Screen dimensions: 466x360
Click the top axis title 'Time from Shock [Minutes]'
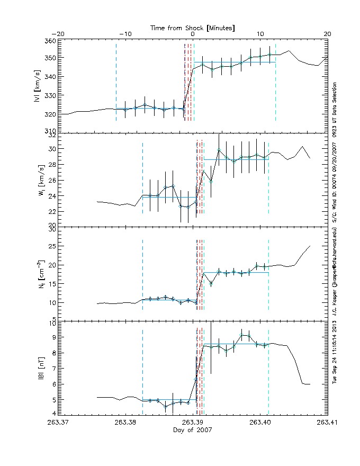pyautogui.click(x=193, y=26)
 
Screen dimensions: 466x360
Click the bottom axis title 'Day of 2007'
pyautogui.click(x=193, y=430)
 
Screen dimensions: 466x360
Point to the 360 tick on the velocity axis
pyautogui.click(x=50, y=41)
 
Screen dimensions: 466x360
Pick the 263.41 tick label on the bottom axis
pyautogui.click(x=327, y=423)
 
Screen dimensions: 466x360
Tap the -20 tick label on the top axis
pyautogui.click(x=58, y=34)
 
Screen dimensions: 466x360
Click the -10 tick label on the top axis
pyautogui.click(x=125, y=34)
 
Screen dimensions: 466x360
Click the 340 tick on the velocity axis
pyautogui.click(x=50, y=77)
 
